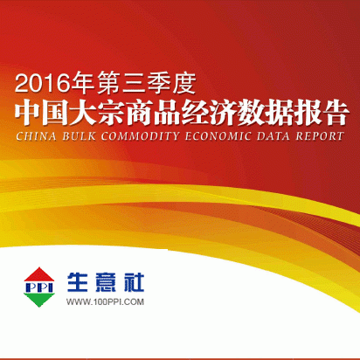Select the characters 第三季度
(147, 84)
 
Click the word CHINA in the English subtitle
(36, 136)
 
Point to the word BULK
(80, 136)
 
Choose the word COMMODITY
(141, 136)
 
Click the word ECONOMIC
(218, 136)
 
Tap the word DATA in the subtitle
(273, 136)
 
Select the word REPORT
(320, 136)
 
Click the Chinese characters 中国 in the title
(42, 113)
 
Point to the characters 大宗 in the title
(98, 113)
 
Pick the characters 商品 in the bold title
(153, 113)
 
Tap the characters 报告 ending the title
(322, 113)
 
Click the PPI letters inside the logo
(39, 287)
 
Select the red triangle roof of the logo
(39, 274)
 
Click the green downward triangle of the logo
(39, 300)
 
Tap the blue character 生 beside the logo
(78, 282)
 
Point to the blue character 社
(134, 282)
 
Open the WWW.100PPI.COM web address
(105, 301)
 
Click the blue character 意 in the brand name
(106, 282)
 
